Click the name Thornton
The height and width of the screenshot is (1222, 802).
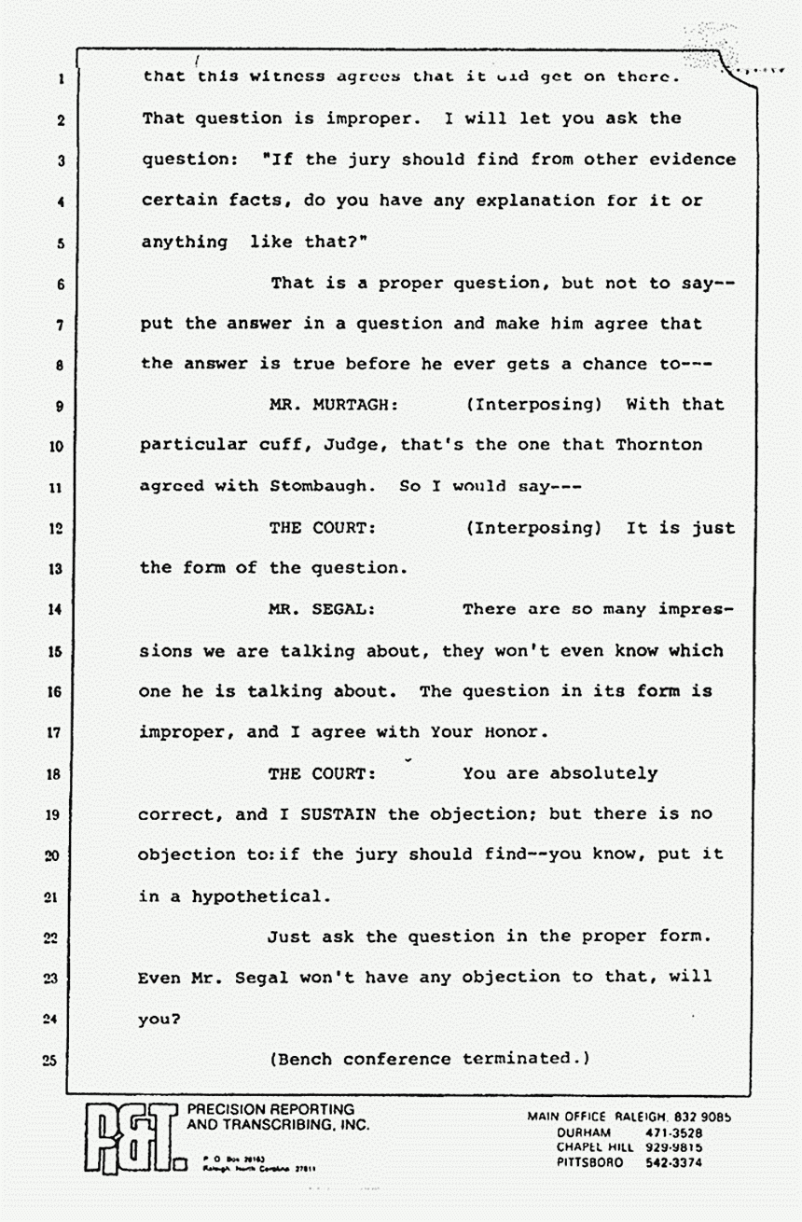[x=659, y=445]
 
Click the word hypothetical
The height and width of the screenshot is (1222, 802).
[x=260, y=896]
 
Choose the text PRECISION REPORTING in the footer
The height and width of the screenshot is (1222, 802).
[x=270, y=1110]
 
